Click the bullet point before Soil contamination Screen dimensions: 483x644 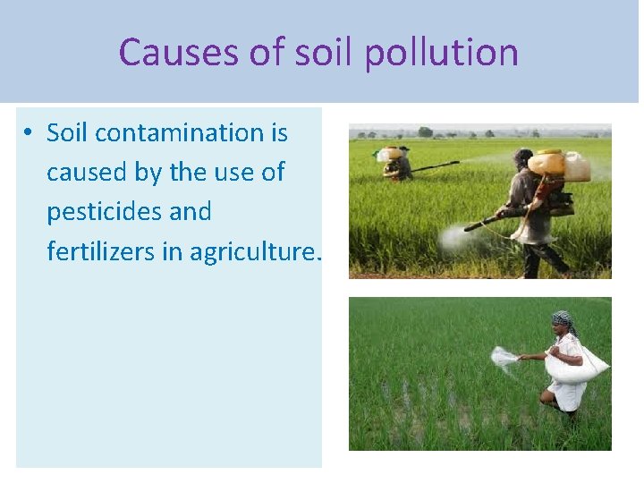click(x=30, y=133)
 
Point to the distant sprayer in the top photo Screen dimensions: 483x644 click(x=396, y=164)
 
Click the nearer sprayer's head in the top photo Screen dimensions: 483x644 click(x=523, y=157)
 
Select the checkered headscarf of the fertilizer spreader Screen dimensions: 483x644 click(x=563, y=318)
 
